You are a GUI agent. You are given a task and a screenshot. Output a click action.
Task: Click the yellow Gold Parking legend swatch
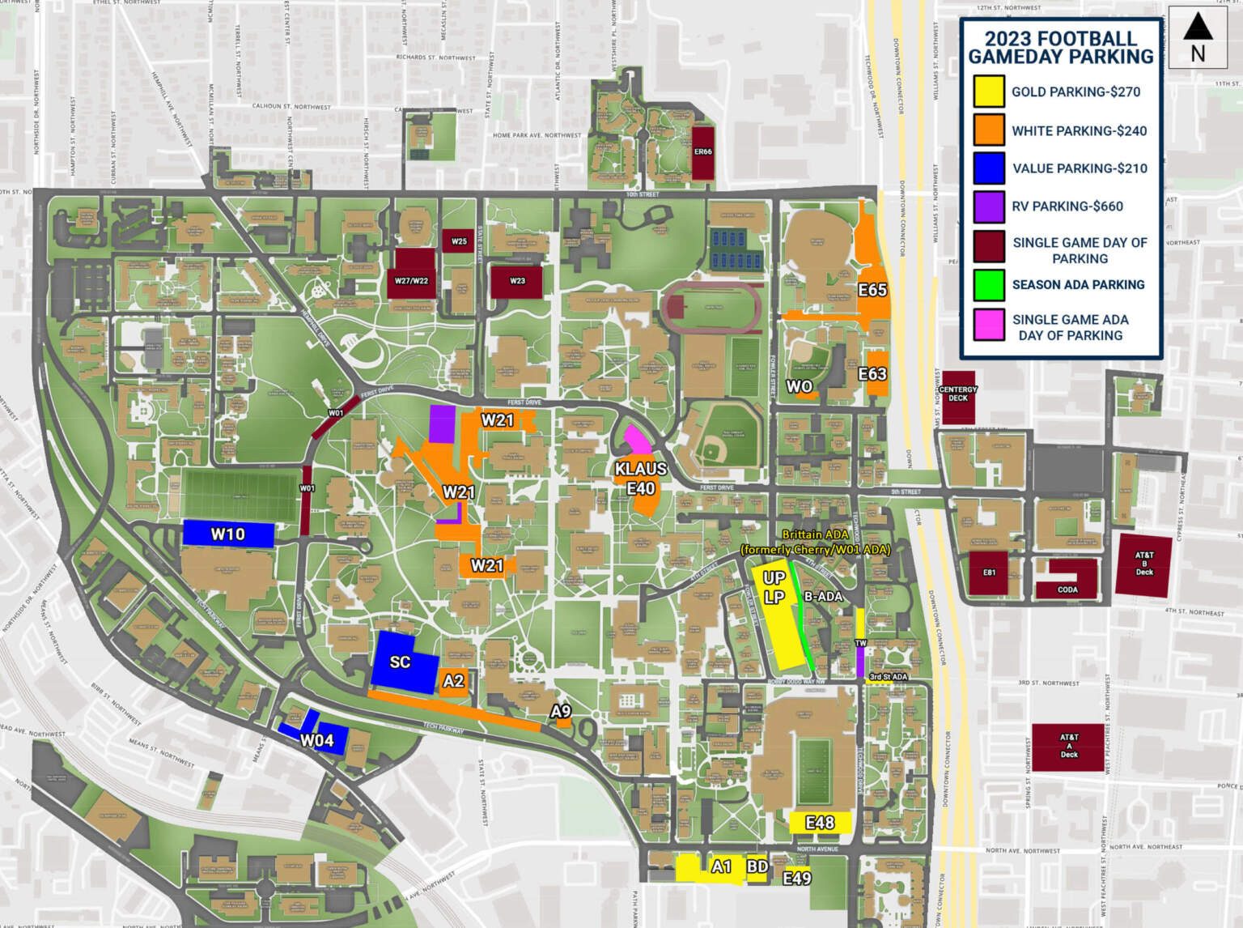click(988, 92)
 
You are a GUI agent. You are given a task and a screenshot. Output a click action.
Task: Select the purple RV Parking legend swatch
click(988, 206)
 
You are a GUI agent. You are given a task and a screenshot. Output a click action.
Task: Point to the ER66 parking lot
click(702, 152)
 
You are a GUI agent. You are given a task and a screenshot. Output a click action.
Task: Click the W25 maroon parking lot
click(459, 241)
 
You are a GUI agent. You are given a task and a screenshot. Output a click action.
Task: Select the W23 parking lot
click(516, 281)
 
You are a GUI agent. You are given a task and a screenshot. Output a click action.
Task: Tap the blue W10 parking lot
click(228, 534)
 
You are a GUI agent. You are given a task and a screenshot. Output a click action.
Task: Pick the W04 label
click(316, 740)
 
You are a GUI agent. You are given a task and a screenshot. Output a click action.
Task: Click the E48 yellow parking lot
click(820, 823)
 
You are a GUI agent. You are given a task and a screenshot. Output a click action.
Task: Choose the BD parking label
click(757, 867)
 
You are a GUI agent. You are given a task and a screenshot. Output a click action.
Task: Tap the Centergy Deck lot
click(958, 395)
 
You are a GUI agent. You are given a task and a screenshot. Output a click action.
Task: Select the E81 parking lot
click(989, 573)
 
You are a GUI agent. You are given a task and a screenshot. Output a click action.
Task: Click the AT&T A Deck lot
click(1068, 747)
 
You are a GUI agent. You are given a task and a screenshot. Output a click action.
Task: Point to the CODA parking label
click(1067, 590)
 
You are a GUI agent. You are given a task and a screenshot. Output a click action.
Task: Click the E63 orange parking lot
click(876, 373)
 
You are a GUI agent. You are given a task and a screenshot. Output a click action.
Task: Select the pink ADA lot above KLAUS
click(637, 440)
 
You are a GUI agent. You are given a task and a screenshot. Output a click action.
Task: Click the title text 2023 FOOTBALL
click(1060, 39)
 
